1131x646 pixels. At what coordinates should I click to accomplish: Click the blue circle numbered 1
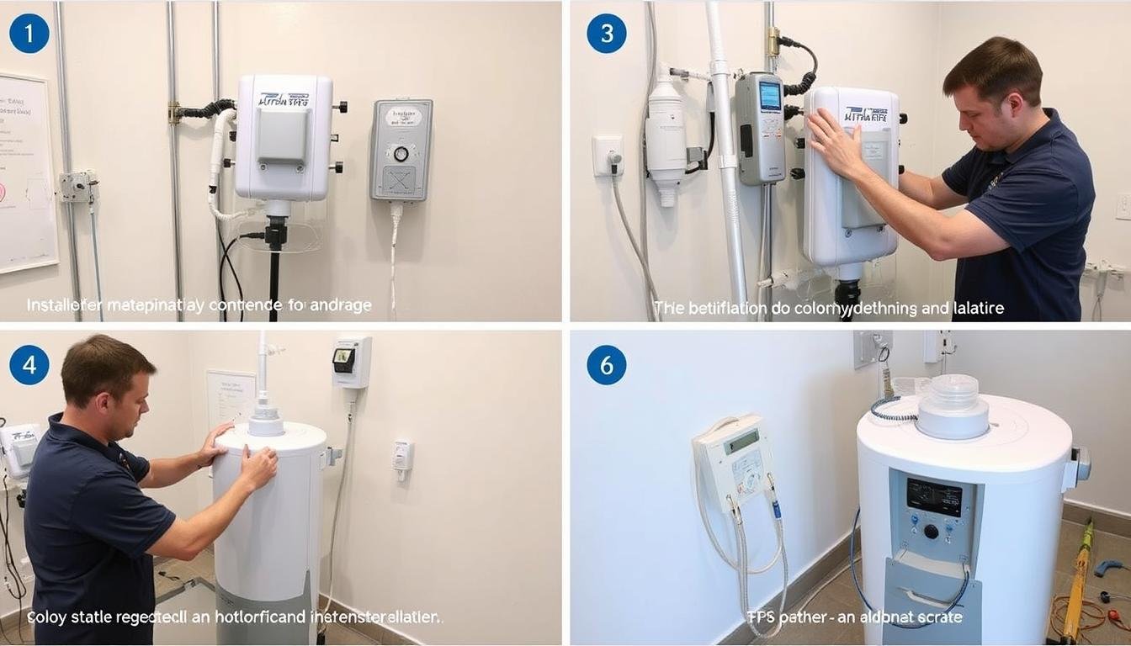29,34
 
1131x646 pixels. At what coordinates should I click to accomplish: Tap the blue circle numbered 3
607,34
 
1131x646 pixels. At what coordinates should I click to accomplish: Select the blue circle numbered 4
29,365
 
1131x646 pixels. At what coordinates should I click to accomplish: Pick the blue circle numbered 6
607,365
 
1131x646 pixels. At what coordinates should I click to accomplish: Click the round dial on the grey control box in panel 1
401,154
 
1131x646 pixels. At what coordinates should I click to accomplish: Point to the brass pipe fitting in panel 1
175,112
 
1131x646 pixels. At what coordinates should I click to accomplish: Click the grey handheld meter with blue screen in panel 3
760,126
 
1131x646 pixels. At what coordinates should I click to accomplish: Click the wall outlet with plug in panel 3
608,156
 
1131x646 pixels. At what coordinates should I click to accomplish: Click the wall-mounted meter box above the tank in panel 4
351,362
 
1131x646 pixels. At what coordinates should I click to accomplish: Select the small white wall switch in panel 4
402,455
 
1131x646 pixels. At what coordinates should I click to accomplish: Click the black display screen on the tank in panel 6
934,497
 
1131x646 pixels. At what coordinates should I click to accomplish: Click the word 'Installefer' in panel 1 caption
64,305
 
